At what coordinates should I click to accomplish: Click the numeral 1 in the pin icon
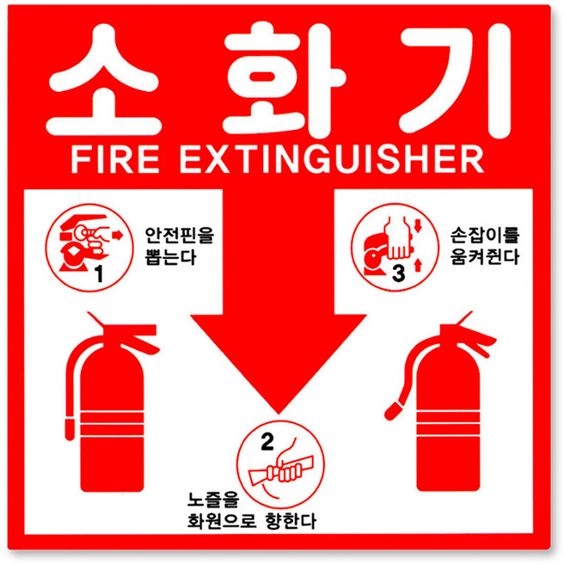point(97,274)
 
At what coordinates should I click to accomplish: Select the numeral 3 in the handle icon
point(397,273)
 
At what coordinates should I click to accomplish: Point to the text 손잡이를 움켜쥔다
point(485,244)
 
